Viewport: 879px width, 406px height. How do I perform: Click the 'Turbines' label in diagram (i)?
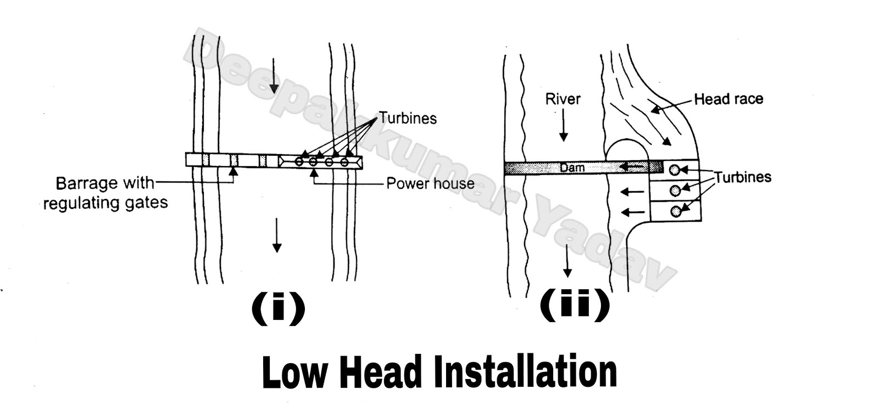click(x=408, y=118)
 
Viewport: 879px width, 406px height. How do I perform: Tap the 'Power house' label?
click(x=430, y=183)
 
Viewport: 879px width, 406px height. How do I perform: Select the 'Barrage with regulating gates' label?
click(x=105, y=193)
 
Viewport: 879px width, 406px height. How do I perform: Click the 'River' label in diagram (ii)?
click(x=563, y=99)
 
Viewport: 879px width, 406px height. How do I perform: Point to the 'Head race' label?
click(x=728, y=99)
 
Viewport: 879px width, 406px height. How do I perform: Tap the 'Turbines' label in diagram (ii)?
click(x=742, y=177)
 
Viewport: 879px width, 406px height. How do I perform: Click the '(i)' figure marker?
click(x=278, y=308)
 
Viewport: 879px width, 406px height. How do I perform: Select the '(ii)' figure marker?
click(x=575, y=305)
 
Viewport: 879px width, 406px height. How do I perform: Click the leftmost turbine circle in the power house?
click(x=299, y=162)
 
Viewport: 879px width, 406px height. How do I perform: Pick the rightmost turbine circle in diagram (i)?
click(x=344, y=162)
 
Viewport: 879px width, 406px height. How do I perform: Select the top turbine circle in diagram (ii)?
click(x=674, y=170)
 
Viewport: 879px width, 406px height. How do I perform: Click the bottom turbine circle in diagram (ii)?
click(x=676, y=211)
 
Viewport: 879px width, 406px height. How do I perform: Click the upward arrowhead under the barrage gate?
click(x=233, y=172)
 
